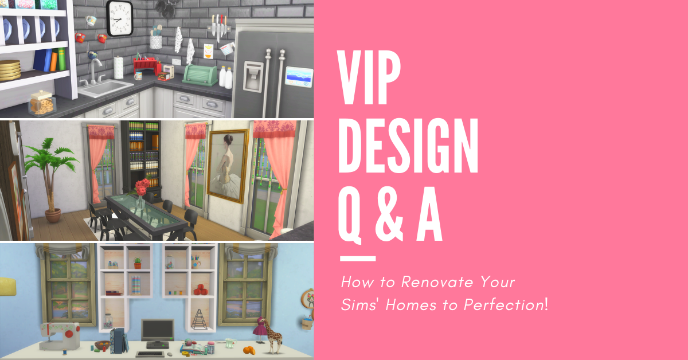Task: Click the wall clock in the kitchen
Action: coord(120,18)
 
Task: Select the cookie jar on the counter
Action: coord(42,103)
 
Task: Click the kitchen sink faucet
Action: coord(95,71)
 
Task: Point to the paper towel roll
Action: coord(118,67)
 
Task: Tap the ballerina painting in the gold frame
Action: coord(228,166)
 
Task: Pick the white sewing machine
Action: coord(60,336)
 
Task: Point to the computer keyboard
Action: coord(150,354)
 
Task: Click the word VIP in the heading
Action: coord(369,78)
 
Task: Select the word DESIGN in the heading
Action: coord(408,146)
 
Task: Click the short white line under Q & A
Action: coord(358,259)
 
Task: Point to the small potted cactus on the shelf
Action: coord(138,263)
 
